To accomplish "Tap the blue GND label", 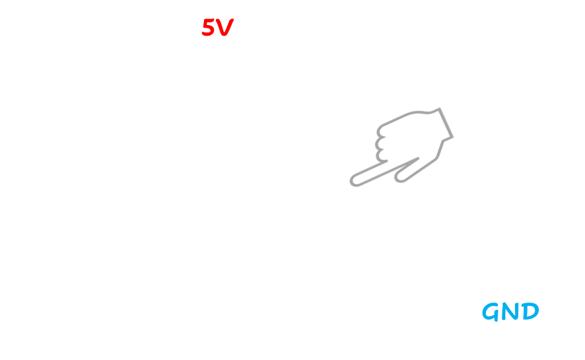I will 510,311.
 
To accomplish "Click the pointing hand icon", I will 413,142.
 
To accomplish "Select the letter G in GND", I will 492,311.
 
